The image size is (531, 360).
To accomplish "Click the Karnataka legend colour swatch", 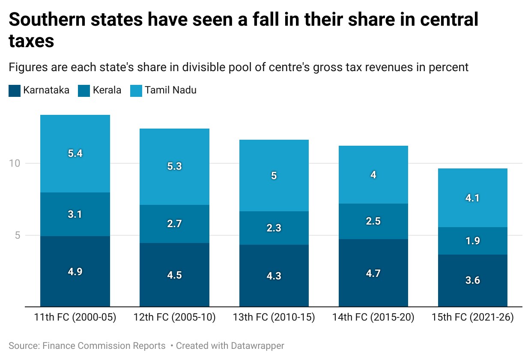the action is coord(15,91).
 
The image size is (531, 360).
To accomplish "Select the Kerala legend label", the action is coord(107,90).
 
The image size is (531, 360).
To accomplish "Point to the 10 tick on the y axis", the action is coord(15,163).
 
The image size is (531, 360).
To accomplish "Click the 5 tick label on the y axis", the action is coord(18,235).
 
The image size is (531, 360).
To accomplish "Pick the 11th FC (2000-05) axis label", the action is coord(75,317).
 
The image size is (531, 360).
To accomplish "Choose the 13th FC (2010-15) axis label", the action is coord(274,317).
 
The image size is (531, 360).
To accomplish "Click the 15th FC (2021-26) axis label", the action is coord(473,317).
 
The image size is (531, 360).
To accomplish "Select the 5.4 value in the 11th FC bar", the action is coord(75,153).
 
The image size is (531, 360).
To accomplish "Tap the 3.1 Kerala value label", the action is coord(75,214).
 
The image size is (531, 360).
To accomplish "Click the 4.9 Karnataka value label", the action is coord(75,271).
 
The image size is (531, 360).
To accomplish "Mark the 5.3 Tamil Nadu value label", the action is coord(174,166).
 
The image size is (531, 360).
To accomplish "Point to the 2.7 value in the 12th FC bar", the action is coord(174,224).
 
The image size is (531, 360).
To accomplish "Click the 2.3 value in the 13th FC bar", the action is coord(274,228).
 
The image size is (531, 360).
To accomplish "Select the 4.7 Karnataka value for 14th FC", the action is coord(373,273).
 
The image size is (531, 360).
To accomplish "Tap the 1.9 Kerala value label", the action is coord(473,241).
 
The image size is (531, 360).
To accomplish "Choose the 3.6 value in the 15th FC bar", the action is coord(473,280).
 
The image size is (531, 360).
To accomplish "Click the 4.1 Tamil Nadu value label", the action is coord(472,198).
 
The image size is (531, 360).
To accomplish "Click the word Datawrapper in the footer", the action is coord(257,346).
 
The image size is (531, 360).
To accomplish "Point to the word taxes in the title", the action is coord(31,41).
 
